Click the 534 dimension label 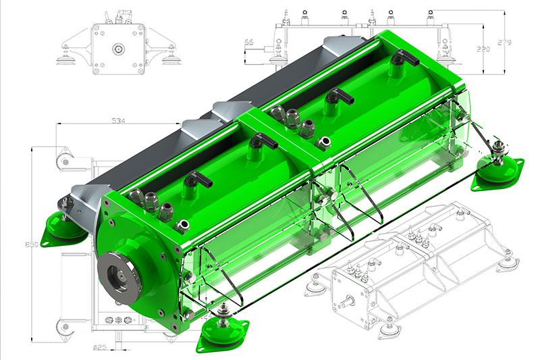coord(119,121)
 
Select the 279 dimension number coord(504,43)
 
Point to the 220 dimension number coord(483,49)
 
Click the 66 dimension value coord(248,43)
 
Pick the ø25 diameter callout coord(100,347)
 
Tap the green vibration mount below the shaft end coord(222,332)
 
